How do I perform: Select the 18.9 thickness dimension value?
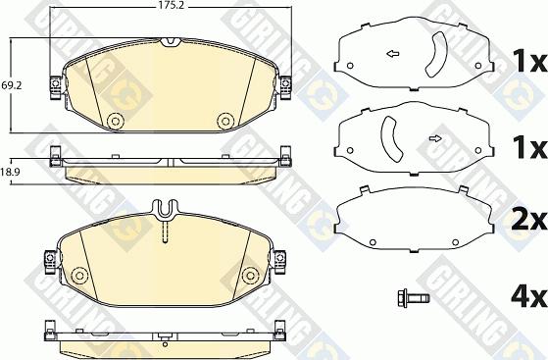pyautogui.click(x=11, y=171)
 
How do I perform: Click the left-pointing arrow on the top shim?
pyautogui.click(x=392, y=53)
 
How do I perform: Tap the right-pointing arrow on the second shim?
pyautogui.click(x=435, y=139)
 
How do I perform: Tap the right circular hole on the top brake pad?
pyautogui.click(x=224, y=121)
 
